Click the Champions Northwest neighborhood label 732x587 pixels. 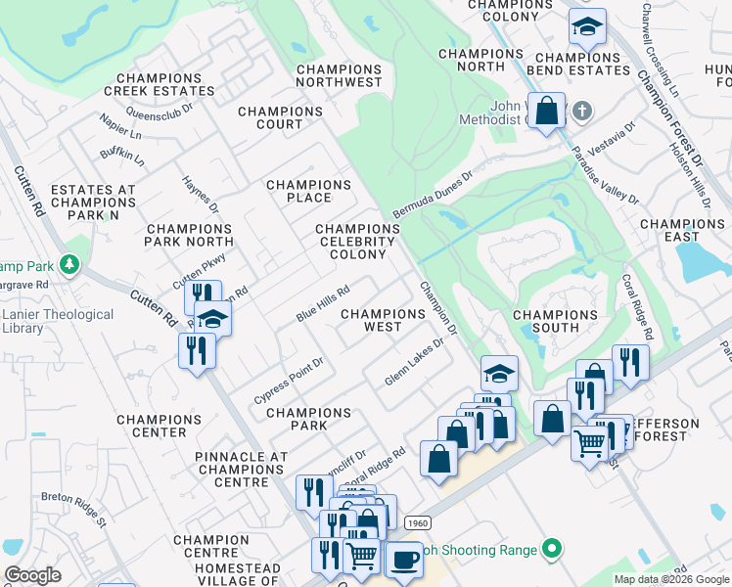[339, 76]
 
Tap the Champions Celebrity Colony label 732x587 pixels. [358, 242]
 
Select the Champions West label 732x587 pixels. [383, 321]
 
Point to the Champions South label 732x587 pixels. [556, 321]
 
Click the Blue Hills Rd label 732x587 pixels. [323, 305]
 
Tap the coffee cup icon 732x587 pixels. [402, 561]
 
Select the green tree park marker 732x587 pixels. [69, 264]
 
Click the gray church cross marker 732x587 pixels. [581, 109]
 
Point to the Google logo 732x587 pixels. [32, 575]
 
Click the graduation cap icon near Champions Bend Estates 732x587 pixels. [587, 27]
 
